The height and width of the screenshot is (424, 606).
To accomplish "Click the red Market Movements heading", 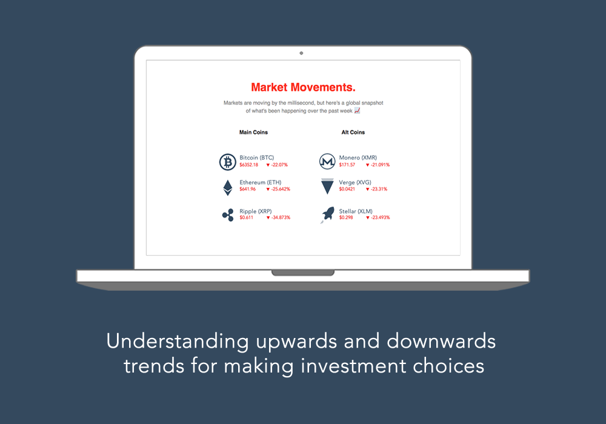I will (x=303, y=87).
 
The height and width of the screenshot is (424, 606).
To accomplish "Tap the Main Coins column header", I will (x=253, y=132).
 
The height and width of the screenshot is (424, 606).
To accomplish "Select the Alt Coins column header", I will (x=353, y=132).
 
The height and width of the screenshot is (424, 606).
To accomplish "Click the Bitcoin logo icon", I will (x=227, y=162).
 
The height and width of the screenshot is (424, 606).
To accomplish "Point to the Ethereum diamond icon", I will (x=227, y=188).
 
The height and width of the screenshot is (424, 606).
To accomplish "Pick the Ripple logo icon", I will (x=227, y=214).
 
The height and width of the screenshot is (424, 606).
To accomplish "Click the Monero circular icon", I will (x=327, y=162).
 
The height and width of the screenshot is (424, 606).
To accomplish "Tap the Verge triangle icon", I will (x=327, y=186).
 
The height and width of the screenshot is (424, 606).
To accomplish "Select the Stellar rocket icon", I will (x=327, y=214).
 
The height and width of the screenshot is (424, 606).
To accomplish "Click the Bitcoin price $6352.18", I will (x=248, y=165).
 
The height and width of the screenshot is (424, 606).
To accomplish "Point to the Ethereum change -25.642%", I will (x=278, y=189).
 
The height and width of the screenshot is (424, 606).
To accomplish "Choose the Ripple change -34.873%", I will (x=278, y=217).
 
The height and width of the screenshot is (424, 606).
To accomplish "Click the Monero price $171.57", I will (x=347, y=165).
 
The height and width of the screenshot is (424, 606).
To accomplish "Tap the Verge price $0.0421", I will (x=347, y=189).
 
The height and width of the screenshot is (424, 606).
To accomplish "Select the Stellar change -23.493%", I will (x=378, y=217).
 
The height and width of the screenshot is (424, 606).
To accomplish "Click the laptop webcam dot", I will (x=301, y=53).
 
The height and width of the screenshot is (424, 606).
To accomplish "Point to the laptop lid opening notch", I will (x=303, y=273).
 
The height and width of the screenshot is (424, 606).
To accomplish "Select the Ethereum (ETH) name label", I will (x=260, y=182).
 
